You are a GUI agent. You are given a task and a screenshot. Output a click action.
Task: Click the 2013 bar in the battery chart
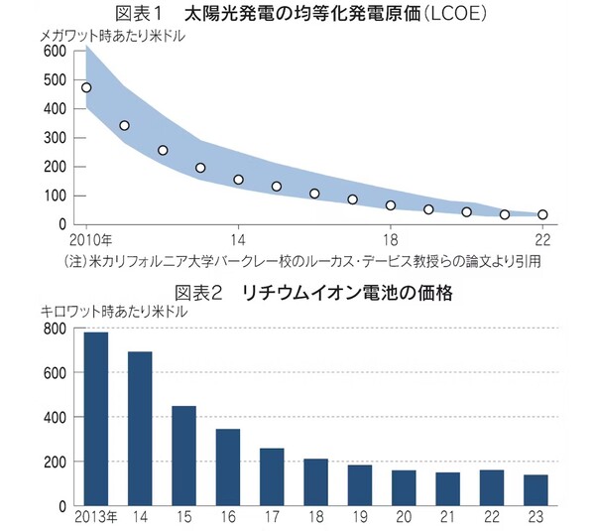point(96,419)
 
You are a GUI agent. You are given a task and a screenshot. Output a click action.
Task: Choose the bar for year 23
point(535,490)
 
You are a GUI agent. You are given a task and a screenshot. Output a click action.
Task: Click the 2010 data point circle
point(86,87)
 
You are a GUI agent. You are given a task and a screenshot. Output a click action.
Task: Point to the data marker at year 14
point(238,180)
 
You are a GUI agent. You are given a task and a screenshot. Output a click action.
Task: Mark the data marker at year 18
point(391,205)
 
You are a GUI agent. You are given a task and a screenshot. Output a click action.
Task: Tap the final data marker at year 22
point(542,214)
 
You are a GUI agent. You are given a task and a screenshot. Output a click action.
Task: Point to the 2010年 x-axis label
point(91,240)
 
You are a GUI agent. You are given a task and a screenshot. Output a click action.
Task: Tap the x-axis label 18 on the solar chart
point(391,240)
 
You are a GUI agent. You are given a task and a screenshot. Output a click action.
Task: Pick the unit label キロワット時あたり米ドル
point(118,311)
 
